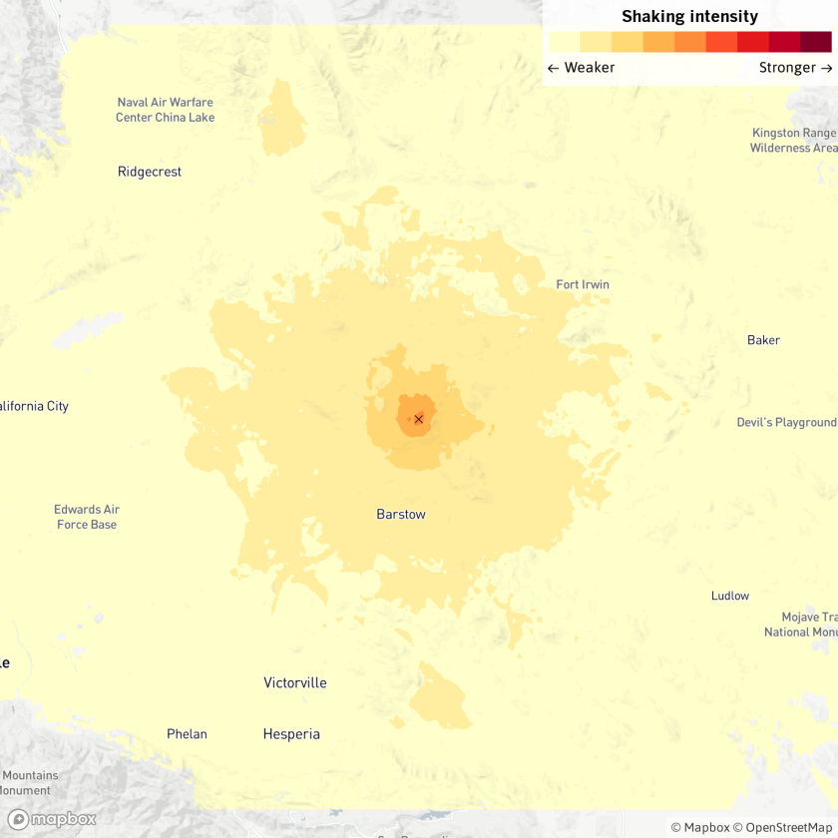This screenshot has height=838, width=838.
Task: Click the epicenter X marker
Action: [419, 419]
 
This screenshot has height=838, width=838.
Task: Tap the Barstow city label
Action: [401, 515]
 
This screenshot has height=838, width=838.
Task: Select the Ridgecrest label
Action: [150, 172]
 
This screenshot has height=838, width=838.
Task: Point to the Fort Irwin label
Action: [583, 284]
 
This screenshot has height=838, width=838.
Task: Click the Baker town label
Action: [763, 340]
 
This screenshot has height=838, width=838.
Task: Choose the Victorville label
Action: [295, 683]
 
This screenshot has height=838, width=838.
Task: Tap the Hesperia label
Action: [291, 734]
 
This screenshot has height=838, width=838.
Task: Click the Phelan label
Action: [187, 734]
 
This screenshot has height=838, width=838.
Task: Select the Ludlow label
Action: [730, 596]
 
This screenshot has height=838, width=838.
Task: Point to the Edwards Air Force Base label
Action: [86, 517]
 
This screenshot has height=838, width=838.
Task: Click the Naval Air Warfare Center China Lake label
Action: [165, 110]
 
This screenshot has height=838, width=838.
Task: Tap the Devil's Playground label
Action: [786, 423]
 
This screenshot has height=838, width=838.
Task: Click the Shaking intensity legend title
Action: [689, 17]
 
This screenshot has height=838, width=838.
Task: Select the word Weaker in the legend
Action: [590, 68]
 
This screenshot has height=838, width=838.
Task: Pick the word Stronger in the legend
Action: [787, 68]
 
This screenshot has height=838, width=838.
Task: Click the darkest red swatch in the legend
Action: [816, 42]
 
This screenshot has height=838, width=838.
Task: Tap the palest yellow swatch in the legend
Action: [564, 42]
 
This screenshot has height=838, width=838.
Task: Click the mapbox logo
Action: [52, 819]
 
